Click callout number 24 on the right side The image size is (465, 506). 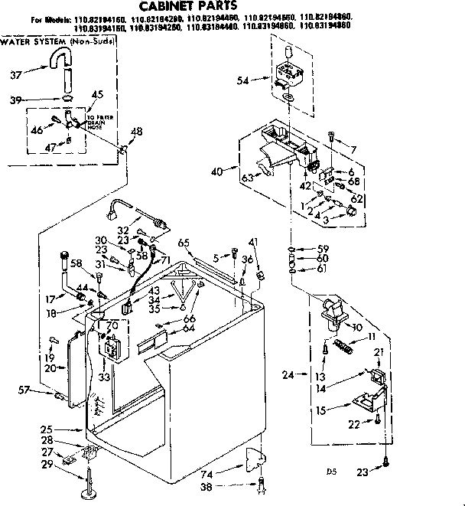coord(288,374)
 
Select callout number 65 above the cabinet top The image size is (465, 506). coord(184,243)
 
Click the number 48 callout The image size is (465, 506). coord(136,131)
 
